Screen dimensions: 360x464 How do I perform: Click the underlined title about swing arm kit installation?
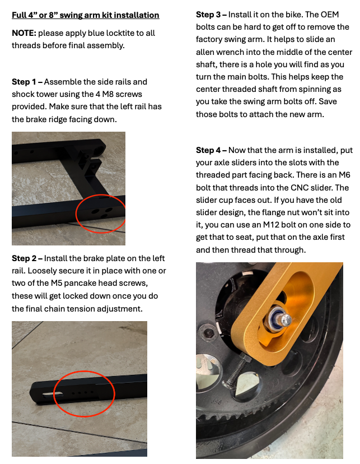click(86, 15)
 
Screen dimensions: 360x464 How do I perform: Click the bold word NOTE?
click(24, 33)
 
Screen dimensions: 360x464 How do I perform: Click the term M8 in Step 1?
click(107, 94)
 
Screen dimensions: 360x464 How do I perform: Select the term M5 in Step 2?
click(57, 283)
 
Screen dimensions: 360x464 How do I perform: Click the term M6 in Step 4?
click(344, 175)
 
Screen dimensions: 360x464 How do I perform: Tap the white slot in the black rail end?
click(53, 394)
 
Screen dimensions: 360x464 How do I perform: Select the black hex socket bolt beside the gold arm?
click(209, 333)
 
